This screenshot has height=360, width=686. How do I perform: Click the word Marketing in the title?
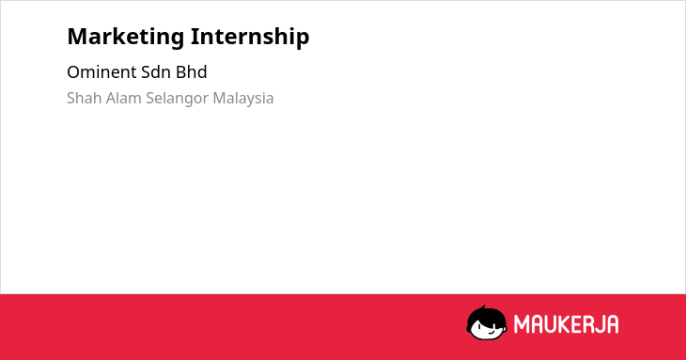[x=126, y=38]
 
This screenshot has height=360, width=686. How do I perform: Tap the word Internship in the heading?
[x=250, y=38]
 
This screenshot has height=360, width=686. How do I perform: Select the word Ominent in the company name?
[x=101, y=72]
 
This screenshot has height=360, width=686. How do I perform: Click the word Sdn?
[x=156, y=72]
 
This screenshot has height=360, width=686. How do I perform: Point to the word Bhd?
[x=191, y=72]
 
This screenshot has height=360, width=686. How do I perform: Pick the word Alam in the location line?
[x=124, y=98]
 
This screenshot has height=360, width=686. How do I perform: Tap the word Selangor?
[x=178, y=99]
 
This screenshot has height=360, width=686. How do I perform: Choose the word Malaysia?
[x=243, y=99]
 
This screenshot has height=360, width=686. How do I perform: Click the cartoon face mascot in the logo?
[x=487, y=322]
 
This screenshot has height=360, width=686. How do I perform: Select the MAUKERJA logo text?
[x=566, y=324]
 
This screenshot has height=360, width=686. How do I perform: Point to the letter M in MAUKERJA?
[x=521, y=324]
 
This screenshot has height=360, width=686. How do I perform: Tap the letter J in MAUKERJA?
[x=600, y=324]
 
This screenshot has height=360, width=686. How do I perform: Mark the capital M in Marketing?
[x=77, y=37]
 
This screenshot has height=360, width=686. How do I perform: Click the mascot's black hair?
[x=485, y=315]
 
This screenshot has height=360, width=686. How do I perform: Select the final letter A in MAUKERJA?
[x=612, y=324]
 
